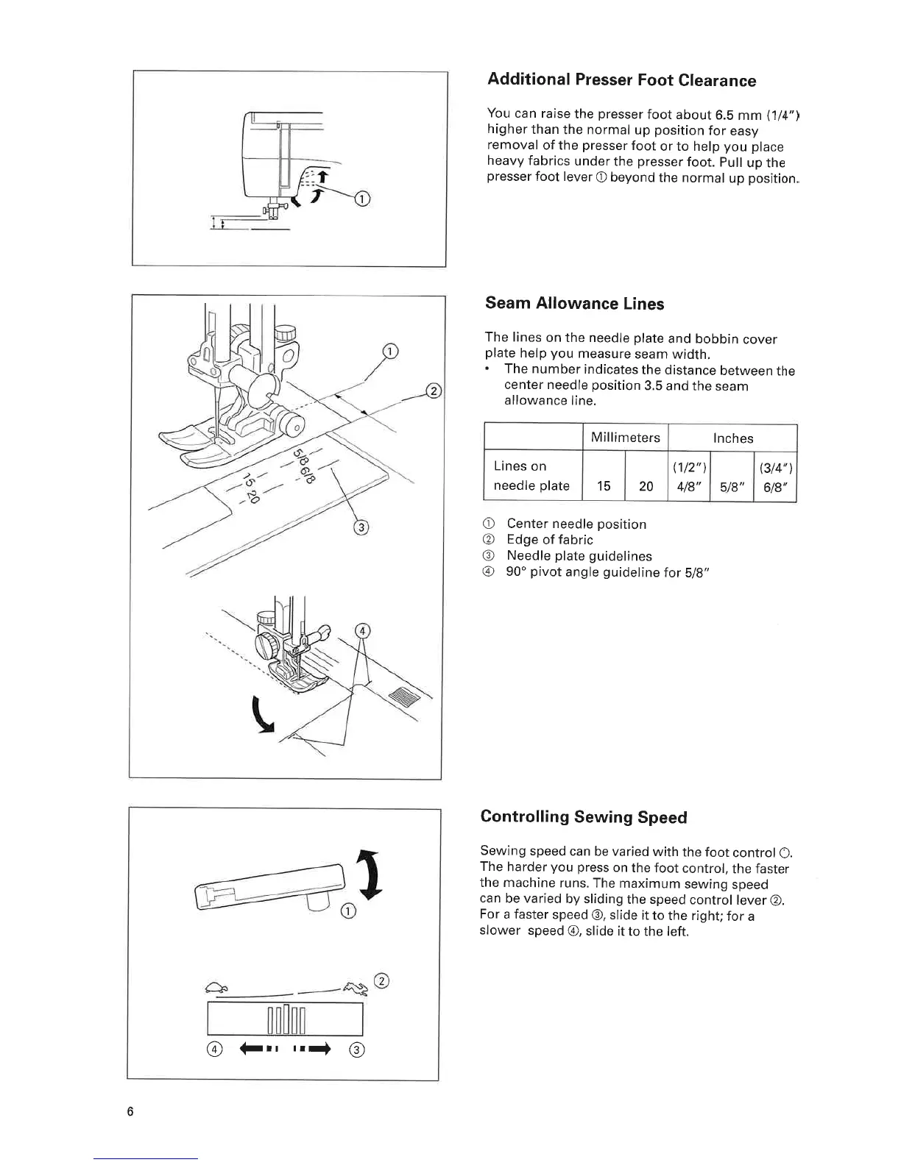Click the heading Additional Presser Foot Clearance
(x=621, y=80)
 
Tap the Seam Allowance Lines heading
(x=574, y=304)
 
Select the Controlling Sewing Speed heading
(x=583, y=817)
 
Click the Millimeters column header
(x=625, y=438)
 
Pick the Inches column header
(x=732, y=438)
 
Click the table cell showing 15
(x=604, y=485)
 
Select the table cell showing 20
(x=646, y=485)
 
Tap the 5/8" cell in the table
(x=731, y=485)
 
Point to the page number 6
(x=130, y=1111)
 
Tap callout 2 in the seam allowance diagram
(x=434, y=391)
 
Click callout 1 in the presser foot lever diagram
(x=361, y=199)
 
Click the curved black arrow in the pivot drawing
(x=261, y=717)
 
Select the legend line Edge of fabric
(x=549, y=540)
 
